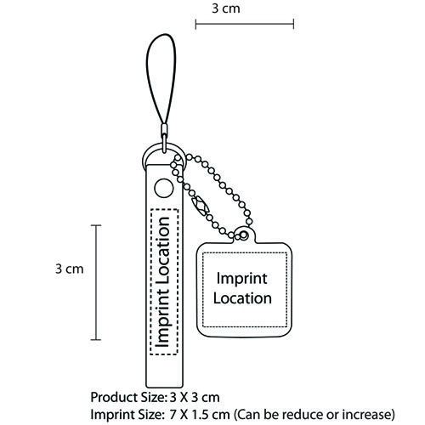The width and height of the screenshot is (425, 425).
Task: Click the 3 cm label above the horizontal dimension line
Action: pos(226,8)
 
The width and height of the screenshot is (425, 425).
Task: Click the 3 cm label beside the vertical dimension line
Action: pos(70,269)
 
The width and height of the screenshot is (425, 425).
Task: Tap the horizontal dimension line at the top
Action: pos(245,24)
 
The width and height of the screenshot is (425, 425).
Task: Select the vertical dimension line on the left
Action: pos(96,282)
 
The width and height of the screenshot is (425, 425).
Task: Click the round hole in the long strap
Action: pos(164,188)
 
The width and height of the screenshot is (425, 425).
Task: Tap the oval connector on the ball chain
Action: pos(201,205)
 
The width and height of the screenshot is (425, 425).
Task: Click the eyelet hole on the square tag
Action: pos(243,235)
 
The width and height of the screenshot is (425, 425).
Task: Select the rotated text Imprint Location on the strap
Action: pos(164,282)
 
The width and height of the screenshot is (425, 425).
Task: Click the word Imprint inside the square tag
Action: pos(241,279)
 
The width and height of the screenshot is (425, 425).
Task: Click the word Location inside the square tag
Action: pos(242,298)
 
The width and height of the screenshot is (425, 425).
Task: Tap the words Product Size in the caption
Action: pos(127,398)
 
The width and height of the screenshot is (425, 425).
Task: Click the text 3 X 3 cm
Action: pos(195,398)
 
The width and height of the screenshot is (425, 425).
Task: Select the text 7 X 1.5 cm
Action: pos(200,415)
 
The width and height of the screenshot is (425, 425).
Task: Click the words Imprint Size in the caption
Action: pos(127,415)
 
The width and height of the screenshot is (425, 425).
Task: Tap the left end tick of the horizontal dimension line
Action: pos(195,24)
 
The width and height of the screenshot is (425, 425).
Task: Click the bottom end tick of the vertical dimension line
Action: pos(96,339)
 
